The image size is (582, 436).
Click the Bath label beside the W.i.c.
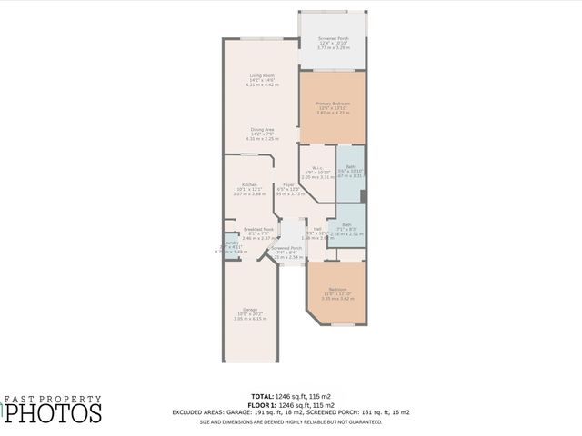pyautogui.click(x=350, y=171)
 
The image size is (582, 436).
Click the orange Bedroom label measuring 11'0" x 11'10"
pyautogui.click(x=336, y=292)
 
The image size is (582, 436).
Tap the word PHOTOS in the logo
pyautogui.click(x=55, y=413)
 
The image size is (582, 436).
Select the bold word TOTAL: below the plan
pyautogui.click(x=261, y=397)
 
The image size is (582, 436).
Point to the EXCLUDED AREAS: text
pyautogui.click(x=202, y=411)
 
